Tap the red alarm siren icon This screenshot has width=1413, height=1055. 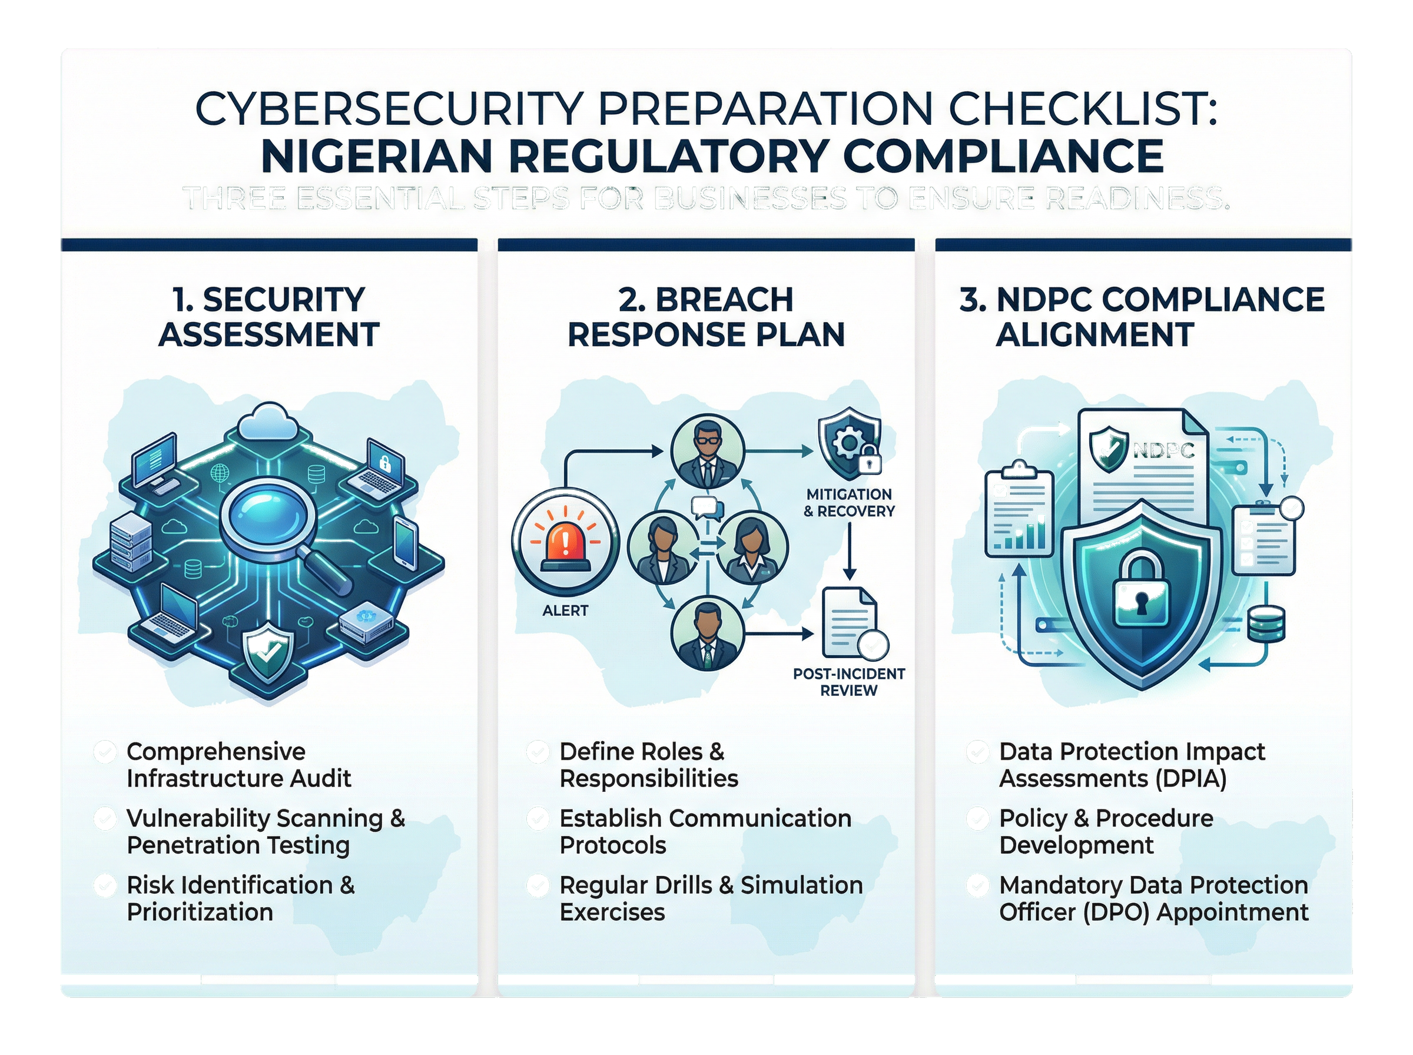point(565,542)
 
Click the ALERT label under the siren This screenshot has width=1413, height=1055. point(565,611)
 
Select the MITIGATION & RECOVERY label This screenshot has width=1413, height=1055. point(848,503)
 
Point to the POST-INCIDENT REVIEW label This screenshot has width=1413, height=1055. point(848,682)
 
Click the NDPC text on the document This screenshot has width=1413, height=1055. point(1163,450)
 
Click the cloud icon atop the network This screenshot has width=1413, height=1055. point(267,421)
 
